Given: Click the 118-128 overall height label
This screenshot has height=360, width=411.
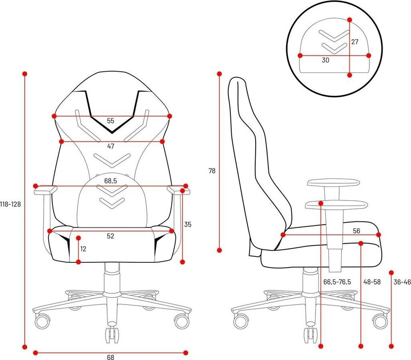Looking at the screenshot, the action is point(10,204).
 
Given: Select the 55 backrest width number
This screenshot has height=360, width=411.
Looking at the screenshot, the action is point(111,121).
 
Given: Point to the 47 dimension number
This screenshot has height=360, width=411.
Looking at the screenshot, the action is point(111,147).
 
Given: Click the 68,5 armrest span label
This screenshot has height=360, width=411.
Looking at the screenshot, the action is point(111,181).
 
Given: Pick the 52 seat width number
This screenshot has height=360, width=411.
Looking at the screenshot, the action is point(111,236).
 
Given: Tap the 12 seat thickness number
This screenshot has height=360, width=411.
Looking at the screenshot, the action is point(83,249).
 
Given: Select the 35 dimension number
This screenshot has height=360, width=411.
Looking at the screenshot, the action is point(188,225).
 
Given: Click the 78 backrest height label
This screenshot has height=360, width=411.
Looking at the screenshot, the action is point(212,171).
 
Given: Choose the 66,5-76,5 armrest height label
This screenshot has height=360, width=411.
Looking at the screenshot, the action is point(337,282).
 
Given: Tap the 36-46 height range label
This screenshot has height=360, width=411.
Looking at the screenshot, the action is point(402,282).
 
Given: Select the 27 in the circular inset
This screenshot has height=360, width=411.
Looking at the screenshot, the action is point(355,42).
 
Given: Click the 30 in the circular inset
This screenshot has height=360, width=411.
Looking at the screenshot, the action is point(326,60).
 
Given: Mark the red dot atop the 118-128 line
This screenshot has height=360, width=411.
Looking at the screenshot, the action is point(24,74).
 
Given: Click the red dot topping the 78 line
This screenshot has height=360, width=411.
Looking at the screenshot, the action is point(219,74).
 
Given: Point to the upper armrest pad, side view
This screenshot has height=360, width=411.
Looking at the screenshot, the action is point(334,183).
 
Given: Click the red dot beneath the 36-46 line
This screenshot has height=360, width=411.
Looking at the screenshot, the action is point(392,346).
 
